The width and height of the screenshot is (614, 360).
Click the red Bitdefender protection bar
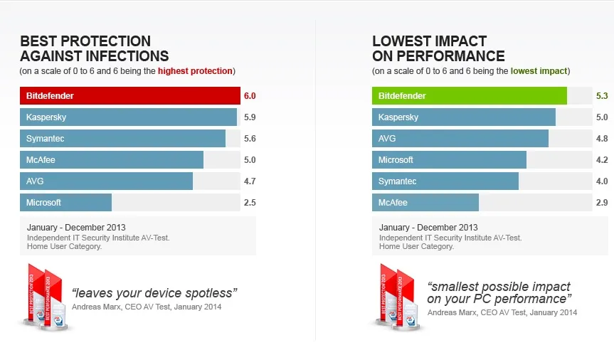[x=130, y=96]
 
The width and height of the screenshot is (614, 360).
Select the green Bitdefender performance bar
[x=470, y=96]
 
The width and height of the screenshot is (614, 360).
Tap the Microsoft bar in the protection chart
[x=65, y=203]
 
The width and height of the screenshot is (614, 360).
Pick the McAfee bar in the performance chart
[x=425, y=203]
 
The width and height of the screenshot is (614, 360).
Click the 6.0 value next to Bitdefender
[x=250, y=96]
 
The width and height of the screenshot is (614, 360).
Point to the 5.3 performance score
[x=602, y=96]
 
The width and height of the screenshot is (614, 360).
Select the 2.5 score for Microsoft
[x=250, y=203]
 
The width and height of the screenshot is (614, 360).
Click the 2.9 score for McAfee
[x=602, y=203]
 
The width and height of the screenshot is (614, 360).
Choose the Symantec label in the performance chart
[x=398, y=181]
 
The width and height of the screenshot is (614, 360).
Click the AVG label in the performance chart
[x=387, y=139]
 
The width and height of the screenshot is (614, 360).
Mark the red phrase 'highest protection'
[x=195, y=71]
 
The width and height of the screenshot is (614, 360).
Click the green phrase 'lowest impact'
[x=539, y=71]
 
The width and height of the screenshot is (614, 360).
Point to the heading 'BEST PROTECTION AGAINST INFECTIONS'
[x=94, y=48]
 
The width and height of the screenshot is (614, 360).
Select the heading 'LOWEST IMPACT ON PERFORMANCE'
[x=438, y=48]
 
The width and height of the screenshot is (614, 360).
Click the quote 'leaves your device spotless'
[x=154, y=292]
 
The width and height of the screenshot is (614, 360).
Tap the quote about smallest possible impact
[x=500, y=292]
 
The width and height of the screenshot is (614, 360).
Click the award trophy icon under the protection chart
[x=45, y=297]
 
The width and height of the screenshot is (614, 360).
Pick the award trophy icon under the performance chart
[x=397, y=297]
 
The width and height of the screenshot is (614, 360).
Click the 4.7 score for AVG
[x=250, y=181]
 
